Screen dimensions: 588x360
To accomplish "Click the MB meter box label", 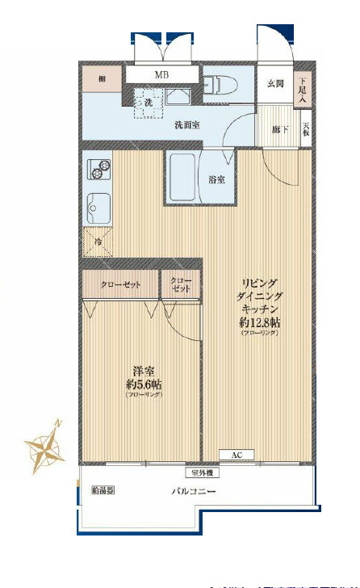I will (162, 75).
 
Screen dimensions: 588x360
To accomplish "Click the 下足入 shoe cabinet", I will (303, 87).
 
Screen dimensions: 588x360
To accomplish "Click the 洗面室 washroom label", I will (187, 125).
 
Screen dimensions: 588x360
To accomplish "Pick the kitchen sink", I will (99, 210).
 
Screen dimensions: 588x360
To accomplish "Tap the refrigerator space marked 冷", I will (98, 241).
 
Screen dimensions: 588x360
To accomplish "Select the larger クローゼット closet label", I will (120, 285).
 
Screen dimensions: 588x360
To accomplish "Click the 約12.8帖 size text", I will (260, 321).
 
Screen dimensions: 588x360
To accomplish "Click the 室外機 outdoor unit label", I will (202, 472).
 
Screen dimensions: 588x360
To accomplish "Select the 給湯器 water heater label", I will (103, 489).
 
